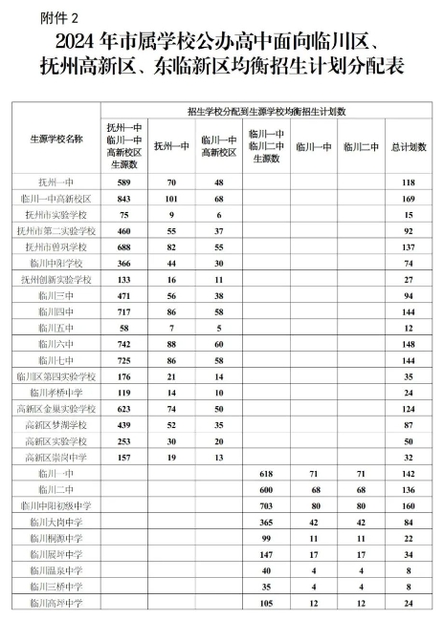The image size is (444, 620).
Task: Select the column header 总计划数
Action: pos(409,147)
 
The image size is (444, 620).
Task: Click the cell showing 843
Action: pos(123,198)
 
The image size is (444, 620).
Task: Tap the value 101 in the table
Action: pos(172,198)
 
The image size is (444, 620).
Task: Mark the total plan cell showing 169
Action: pos(409,198)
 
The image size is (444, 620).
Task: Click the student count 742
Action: pos(123,343)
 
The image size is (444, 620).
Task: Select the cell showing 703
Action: pos(266,505)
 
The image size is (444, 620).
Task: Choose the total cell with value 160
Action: pos(409,505)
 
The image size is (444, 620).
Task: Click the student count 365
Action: pos(266,522)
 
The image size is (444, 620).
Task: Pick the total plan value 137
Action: pos(409,246)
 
